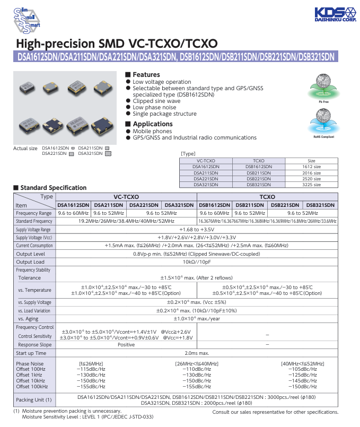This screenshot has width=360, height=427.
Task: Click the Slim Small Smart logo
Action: (25, 19)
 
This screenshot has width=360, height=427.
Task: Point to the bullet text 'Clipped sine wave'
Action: (156, 101)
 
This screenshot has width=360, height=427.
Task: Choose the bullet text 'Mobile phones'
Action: (152, 131)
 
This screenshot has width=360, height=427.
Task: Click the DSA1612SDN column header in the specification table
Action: (73, 205)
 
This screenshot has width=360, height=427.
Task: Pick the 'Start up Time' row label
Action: (31, 353)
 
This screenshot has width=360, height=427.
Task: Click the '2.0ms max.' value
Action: (197, 353)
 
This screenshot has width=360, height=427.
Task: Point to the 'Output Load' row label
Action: (30, 262)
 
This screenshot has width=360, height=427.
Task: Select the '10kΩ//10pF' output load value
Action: (197, 262)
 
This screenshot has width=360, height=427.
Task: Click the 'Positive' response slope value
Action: (126, 344)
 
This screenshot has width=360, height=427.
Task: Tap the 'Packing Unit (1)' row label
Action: (34, 399)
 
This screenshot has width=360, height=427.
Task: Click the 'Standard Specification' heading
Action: (53, 188)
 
